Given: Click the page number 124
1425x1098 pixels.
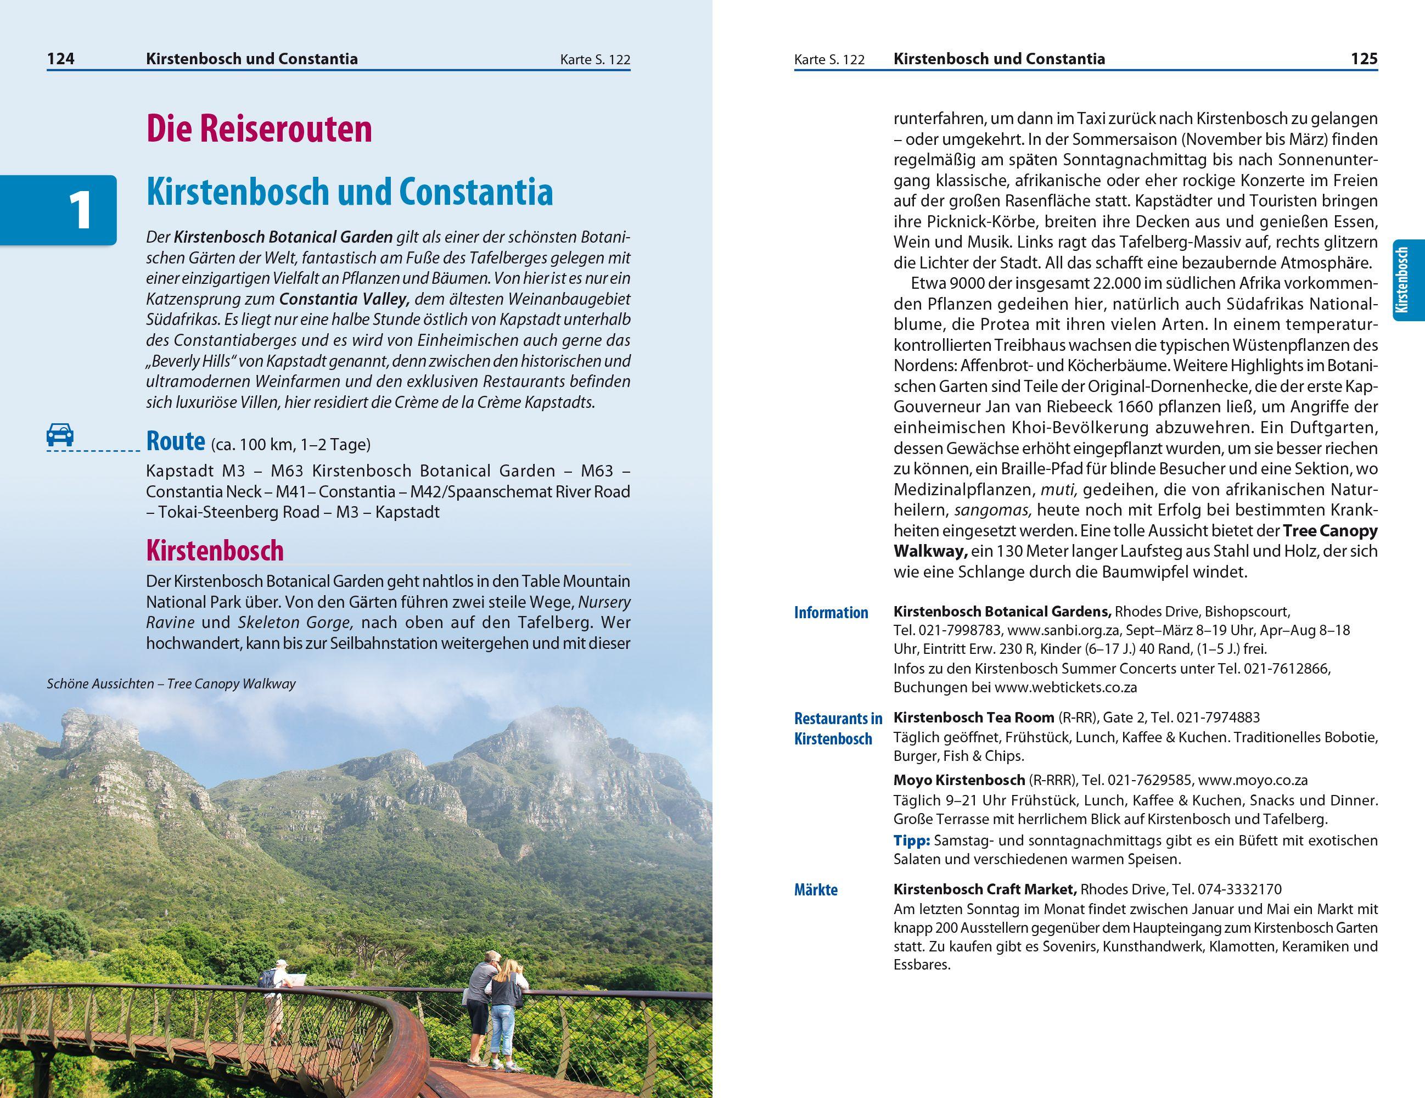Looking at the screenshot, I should [61, 59].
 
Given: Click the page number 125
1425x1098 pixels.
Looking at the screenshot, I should [1364, 59].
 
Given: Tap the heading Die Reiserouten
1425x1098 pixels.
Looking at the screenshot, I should [259, 129].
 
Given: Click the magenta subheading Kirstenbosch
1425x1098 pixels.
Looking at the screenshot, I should [215, 551].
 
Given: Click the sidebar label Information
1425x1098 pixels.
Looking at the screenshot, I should [831, 613].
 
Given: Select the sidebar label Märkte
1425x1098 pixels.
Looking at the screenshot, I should [816, 890].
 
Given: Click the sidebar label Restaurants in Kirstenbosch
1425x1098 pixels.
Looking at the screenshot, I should [838, 729].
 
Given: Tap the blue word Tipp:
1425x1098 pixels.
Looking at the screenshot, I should [911, 841].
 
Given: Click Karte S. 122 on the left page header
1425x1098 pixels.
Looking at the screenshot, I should [594, 60].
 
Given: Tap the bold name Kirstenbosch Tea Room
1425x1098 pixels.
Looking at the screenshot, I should [973, 718].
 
